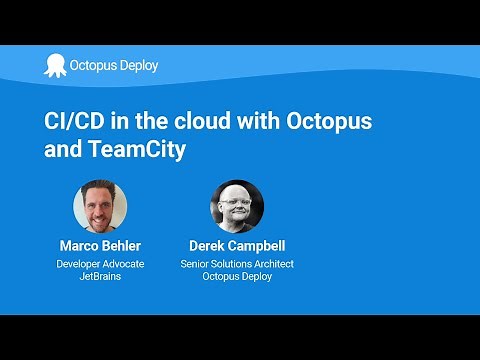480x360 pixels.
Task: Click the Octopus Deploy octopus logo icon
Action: [x=54, y=65]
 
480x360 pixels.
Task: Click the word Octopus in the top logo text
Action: [x=91, y=66]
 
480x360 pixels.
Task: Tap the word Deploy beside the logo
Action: [x=137, y=66]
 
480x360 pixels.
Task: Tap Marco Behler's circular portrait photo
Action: [x=100, y=207]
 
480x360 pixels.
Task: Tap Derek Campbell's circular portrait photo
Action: [x=237, y=207]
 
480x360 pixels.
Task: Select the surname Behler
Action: [x=123, y=246]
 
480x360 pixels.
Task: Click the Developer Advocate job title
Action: [x=100, y=264]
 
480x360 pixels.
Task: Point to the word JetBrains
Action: [x=100, y=277]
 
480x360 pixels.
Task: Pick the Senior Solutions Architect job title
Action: [x=237, y=264]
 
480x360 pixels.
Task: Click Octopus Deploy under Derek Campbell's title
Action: [x=237, y=277]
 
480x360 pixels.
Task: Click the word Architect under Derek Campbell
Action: [x=272, y=264]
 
